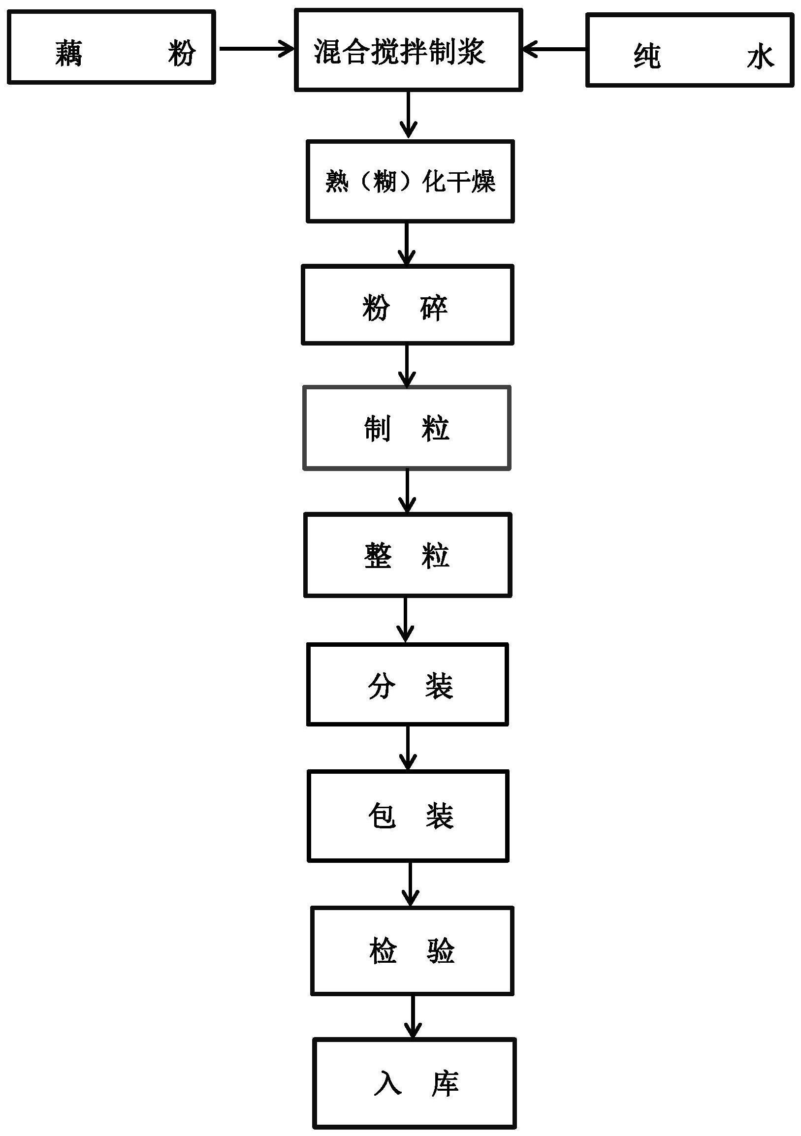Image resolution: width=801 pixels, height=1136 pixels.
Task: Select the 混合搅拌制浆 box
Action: point(408,50)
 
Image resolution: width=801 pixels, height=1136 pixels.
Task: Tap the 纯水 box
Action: point(690,51)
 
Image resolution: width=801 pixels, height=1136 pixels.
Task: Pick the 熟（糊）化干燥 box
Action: point(410,181)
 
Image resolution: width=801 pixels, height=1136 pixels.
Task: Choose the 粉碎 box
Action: point(407,305)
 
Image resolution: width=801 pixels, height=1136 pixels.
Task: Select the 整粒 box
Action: point(407,555)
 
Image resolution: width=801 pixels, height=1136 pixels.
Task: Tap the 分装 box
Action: point(407,685)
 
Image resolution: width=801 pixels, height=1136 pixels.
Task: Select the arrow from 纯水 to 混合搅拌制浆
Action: point(554,49)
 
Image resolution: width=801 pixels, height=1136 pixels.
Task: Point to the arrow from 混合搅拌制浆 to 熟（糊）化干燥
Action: point(408,115)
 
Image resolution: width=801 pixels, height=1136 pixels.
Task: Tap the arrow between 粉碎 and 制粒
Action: point(407,366)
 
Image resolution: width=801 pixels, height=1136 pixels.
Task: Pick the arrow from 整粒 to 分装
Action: point(405,620)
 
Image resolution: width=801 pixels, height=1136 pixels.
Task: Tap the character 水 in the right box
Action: point(760,57)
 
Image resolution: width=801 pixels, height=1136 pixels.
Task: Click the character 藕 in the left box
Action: point(69,53)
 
